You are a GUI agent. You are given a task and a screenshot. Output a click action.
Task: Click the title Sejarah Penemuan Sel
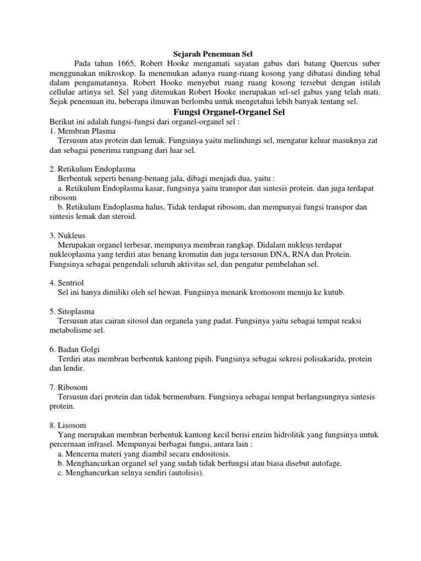click(x=210, y=53)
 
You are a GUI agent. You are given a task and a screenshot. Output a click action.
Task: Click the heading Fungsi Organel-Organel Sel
click(x=210, y=112)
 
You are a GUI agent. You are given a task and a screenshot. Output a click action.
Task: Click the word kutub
click(x=333, y=293)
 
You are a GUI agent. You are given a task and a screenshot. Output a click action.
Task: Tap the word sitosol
click(x=140, y=321)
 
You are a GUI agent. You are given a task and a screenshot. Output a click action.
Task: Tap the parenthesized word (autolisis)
click(x=179, y=473)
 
